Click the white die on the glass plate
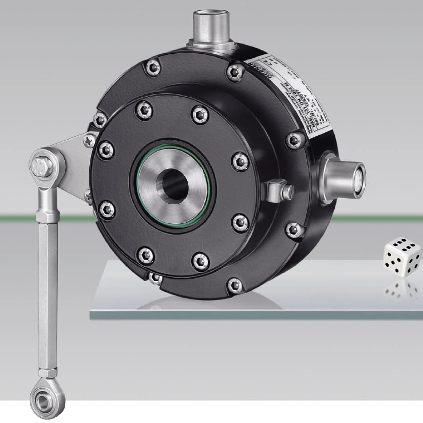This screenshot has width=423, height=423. [403, 258]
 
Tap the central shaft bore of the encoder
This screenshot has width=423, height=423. [173, 184]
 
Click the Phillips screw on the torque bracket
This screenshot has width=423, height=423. [89, 139]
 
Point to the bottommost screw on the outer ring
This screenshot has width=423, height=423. [233, 283]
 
